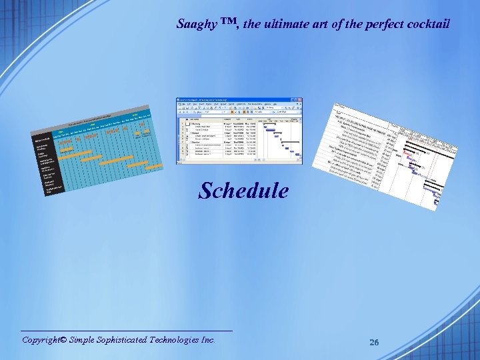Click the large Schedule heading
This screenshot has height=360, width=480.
point(244,191)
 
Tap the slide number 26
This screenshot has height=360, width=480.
point(374,343)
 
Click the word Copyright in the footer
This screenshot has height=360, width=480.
point(41,340)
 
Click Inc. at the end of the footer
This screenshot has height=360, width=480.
point(208,340)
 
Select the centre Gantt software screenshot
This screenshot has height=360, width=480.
point(239,131)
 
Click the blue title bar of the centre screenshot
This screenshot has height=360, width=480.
point(239,100)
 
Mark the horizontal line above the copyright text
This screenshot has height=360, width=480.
point(127,331)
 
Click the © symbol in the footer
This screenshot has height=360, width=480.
point(63,340)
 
